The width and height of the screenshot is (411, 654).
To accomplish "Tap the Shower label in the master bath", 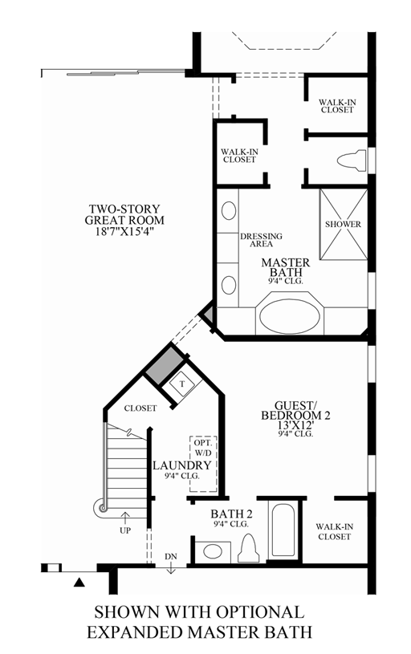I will [343, 224].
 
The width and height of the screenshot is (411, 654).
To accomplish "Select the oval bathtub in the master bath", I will [290, 315].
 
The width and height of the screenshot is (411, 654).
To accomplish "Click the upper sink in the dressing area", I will [229, 212].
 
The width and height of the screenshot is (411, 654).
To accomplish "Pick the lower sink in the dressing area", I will [229, 285].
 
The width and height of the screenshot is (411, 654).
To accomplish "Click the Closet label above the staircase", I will [140, 408].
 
